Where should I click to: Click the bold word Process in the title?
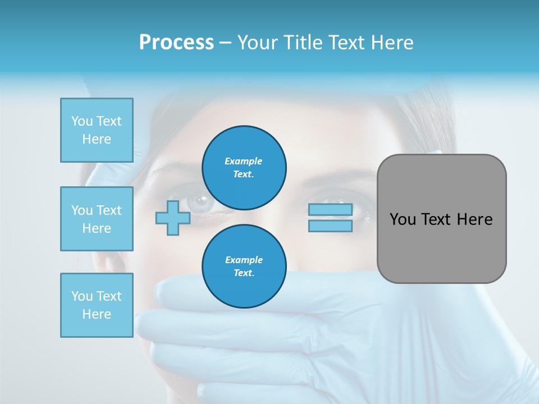176,43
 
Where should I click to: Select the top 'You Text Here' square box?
97,130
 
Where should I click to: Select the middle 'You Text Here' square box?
97,219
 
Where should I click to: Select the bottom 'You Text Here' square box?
97,305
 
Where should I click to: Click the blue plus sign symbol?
173,218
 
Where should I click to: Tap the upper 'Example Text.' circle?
244,167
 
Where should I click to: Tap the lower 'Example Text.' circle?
244,266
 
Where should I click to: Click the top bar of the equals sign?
330,210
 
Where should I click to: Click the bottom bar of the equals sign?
330,226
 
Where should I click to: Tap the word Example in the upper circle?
244,161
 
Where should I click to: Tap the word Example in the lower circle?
244,260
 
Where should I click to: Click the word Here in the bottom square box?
97,314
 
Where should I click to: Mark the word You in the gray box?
403,219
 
